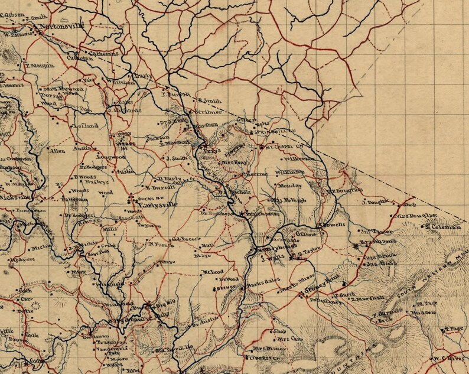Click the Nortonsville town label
tap(61, 27)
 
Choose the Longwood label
tap(107, 157)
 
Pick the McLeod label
tap(210, 272)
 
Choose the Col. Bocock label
tap(183, 239)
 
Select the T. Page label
tap(453, 329)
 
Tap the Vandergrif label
tap(109, 350)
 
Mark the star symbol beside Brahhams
tap(356, 244)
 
